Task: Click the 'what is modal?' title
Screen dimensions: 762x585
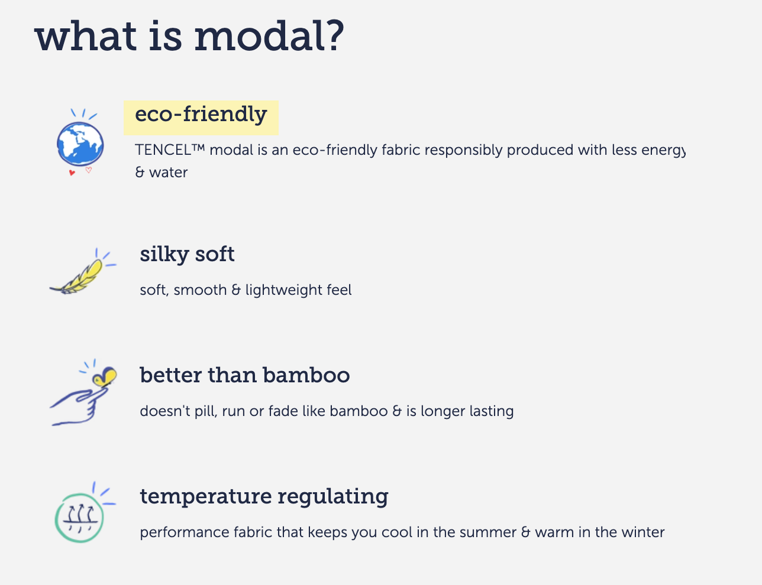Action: pos(189,36)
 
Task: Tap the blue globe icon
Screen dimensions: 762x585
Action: pos(80,144)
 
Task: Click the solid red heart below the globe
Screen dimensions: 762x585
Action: pos(72,173)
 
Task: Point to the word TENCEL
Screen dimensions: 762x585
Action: pos(163,150)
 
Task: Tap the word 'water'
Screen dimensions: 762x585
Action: pos(169,173)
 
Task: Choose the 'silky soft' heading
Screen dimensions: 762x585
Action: pos(188,255)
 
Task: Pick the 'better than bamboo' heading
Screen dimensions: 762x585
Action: pos(245,375)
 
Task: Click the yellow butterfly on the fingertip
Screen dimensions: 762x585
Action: pos(105,376)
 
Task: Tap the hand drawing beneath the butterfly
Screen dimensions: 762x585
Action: pos(79,406)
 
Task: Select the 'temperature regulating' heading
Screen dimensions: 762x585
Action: pos(264,497)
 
